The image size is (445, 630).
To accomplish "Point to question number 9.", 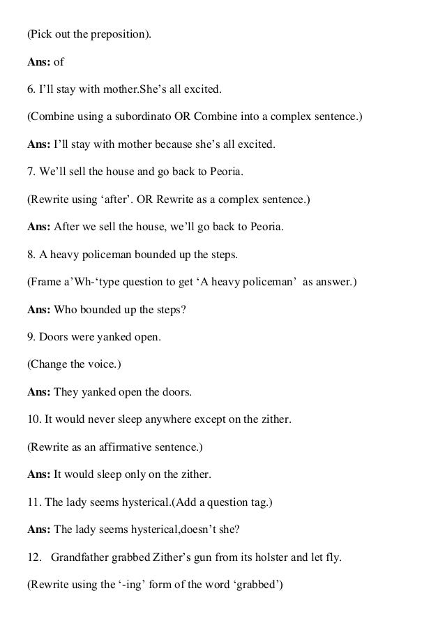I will [31, 337].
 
